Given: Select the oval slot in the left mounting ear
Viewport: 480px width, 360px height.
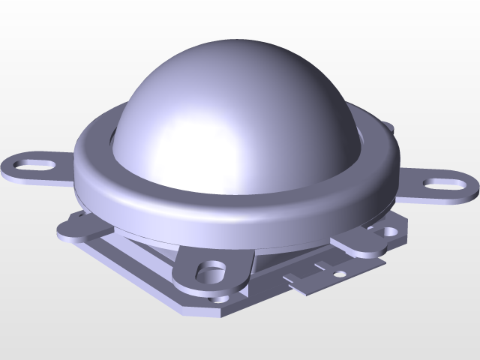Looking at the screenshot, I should coord(34,163).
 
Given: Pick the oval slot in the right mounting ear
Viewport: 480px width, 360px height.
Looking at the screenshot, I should coord(440,183).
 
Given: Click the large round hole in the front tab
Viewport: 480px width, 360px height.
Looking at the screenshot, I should coord(213,268).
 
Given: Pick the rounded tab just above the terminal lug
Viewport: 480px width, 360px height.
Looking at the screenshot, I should coord(358,244).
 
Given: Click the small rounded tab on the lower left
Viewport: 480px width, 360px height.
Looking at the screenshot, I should coord(73,226).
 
